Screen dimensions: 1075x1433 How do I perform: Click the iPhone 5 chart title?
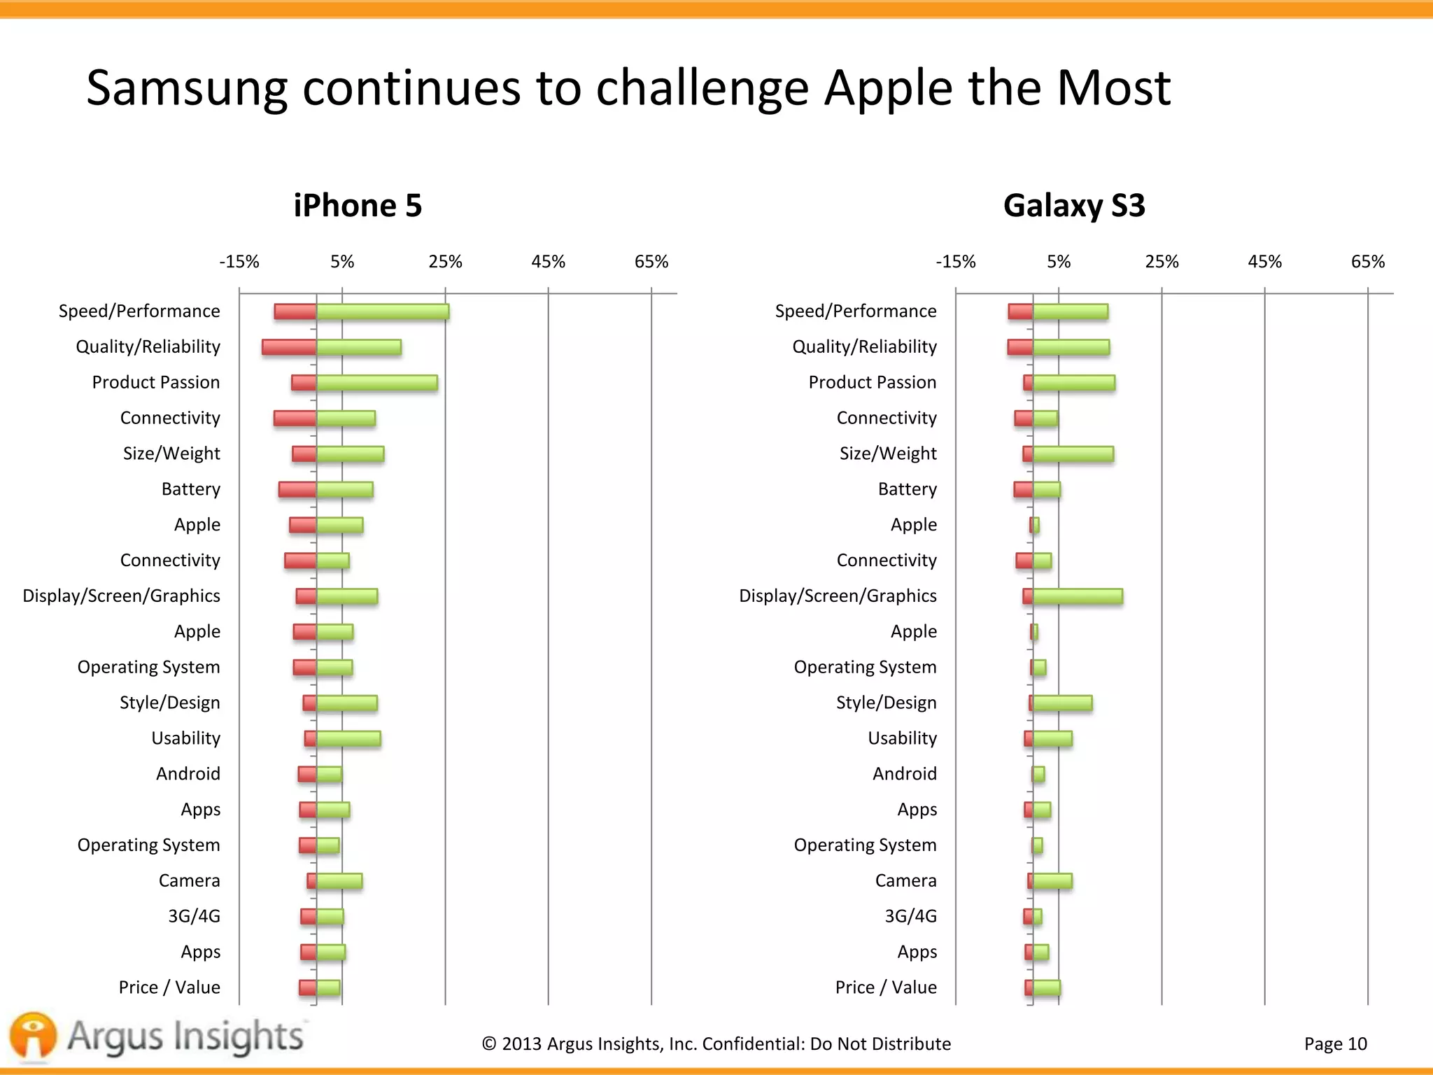(x=358, y=206)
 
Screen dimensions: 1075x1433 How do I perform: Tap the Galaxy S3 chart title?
(x=1074, y=206)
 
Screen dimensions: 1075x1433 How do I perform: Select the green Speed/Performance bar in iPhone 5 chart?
(x=382, y=312)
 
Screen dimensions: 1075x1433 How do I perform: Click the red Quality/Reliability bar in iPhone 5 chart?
(x=289, y=347)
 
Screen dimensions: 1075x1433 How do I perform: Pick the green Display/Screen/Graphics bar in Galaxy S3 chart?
(x=1078, y=596)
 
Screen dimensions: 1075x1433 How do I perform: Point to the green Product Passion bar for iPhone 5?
(x=376, y=383)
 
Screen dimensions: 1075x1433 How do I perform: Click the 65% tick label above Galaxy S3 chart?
(x=1367, y=262)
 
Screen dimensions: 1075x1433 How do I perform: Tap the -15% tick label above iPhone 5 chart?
(x=239, y=262)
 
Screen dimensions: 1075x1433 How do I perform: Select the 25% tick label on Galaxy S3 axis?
(x=1162, y=262)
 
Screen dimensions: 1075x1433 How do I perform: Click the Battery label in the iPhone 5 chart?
(x=190, y=489)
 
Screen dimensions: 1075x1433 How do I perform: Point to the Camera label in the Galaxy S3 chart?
(x=905, y=880)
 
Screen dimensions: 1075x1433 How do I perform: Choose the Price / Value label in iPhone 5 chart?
(x=169, y=988)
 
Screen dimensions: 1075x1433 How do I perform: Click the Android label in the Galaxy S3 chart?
(x=904, y=774)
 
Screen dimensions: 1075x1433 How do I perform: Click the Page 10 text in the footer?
(x=1335, y=1044)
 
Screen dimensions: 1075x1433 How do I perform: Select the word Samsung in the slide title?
(x=186, y=89)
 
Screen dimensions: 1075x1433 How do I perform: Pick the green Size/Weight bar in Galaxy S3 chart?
(x=1073, y=454)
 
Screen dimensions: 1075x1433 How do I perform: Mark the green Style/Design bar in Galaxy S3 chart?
(x=1062, y=703)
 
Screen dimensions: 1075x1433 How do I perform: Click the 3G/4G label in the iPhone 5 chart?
(x=194, y=916)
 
